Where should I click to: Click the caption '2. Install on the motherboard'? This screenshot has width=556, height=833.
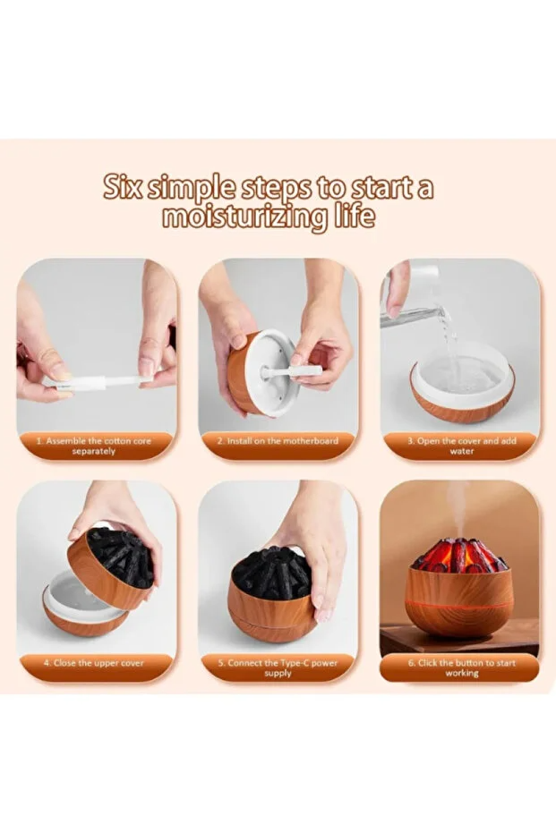(x=278, y=442)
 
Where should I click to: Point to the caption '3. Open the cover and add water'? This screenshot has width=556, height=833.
(x=462, y=446)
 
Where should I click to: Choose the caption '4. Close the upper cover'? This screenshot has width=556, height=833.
(x=94, y=663)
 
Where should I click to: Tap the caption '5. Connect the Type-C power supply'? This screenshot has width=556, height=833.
(x=278, y=667)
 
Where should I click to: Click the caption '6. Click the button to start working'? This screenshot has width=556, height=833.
(x=461, y=667)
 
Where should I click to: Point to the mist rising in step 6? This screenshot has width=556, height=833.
(x=462, y=506)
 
